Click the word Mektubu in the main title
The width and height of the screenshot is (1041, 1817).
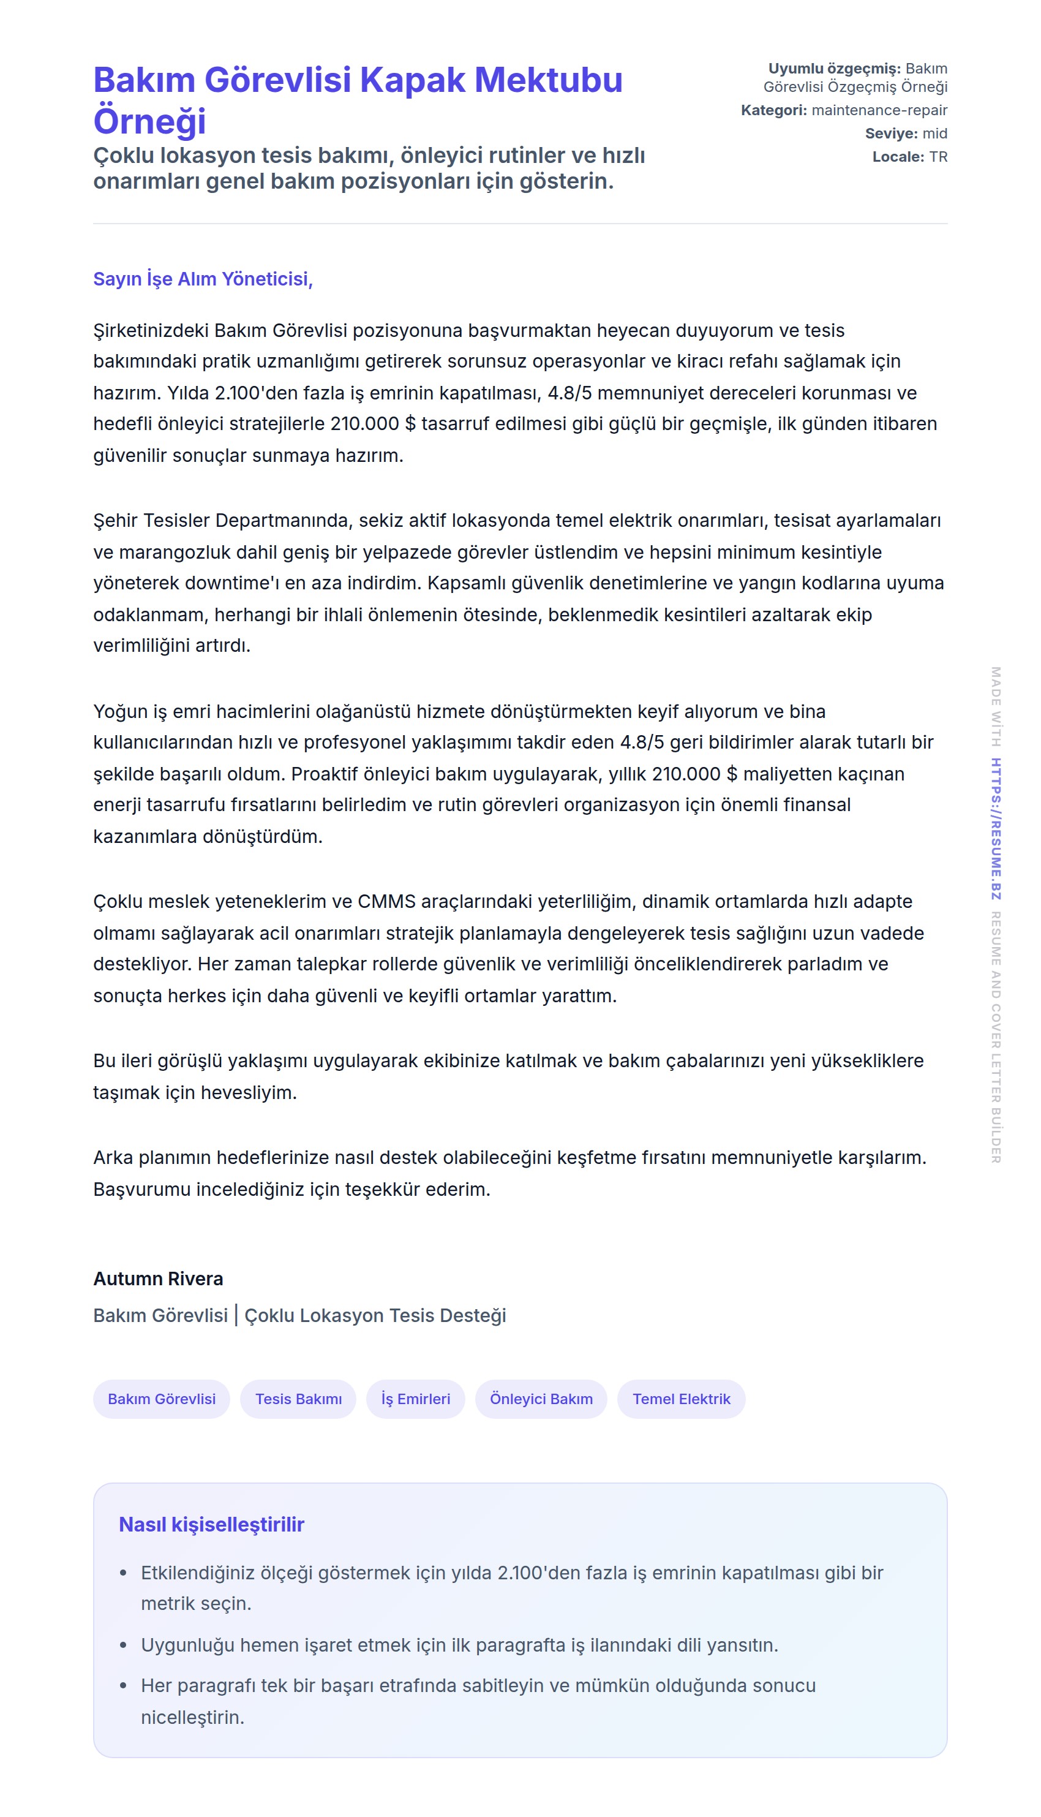pos(549,80)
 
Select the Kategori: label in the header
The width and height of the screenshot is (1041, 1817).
pos(773,110)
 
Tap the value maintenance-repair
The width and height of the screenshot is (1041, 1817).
pos(879,110)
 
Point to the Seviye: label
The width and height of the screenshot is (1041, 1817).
pos(891,134)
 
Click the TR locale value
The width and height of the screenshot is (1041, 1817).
pos(938,157)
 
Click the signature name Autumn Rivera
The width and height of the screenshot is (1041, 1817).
pos(158,1279)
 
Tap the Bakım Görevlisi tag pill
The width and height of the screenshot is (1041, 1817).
pos(162,1399)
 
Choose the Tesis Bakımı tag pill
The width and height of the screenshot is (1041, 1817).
pos(298,1399)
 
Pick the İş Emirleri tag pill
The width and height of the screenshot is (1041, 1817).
pos(415,1399)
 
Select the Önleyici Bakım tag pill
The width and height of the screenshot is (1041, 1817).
pos(541,1399)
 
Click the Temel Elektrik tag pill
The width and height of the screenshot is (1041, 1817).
pos(682,1399)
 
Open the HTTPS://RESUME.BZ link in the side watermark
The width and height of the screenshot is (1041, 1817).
pos(995,829)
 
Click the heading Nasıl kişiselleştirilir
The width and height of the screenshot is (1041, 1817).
pos(212,1525)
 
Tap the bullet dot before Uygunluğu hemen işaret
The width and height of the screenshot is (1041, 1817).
pos(124,1645)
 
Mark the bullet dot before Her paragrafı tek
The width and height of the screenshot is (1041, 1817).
pos(124,1686)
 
